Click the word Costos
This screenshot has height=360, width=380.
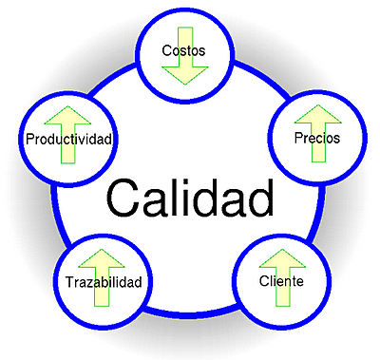click(183, 50)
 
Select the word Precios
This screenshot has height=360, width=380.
click(317, 138)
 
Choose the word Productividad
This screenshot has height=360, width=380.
click(69, 140)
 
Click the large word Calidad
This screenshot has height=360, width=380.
click(190, 199)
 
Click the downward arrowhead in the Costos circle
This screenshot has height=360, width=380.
click(184, 73)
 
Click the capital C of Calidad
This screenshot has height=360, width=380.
click(123, 199)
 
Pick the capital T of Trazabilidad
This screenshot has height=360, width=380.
click(69, 283)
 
